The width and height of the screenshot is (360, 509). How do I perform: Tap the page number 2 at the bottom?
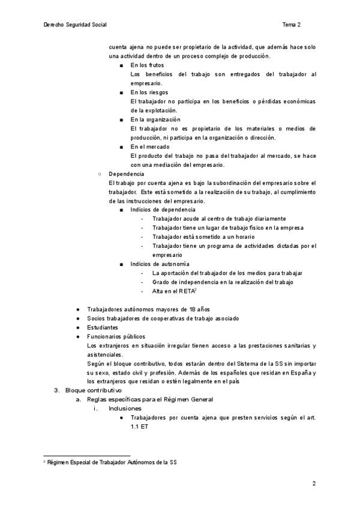click(314, 483)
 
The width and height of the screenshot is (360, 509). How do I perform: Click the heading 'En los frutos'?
click(147, 65)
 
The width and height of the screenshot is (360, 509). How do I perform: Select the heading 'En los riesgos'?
click(149, 92)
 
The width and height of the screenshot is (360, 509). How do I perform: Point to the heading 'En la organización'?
click(155, 119)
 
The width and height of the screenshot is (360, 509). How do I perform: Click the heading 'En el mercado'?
click(150, 146)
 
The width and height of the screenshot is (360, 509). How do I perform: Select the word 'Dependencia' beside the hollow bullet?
click(126, 173)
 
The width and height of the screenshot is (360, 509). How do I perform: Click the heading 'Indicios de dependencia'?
click(163, 209)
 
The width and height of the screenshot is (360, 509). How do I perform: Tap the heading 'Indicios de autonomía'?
click(160, 264)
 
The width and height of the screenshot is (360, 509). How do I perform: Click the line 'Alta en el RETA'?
click(173, 291)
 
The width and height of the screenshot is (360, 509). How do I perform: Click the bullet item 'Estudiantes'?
click(103, 328)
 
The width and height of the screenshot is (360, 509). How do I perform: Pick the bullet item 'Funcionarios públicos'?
click(116, 337)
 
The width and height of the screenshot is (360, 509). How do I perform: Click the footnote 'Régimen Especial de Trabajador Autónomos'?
click(112, 462)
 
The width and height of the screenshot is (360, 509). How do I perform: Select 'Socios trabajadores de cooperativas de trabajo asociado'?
click(163, 319)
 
